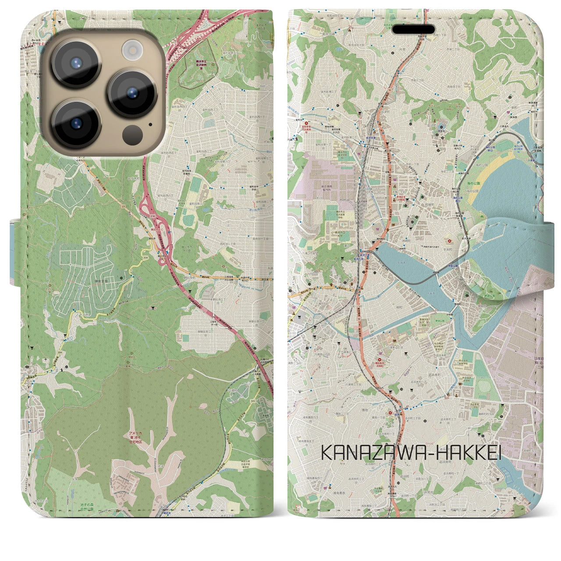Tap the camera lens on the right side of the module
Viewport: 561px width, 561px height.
[132, 93]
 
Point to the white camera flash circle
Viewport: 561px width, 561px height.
[131, 49]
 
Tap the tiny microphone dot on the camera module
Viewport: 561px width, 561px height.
[151, 124]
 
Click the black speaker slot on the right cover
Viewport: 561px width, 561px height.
[413, 30]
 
